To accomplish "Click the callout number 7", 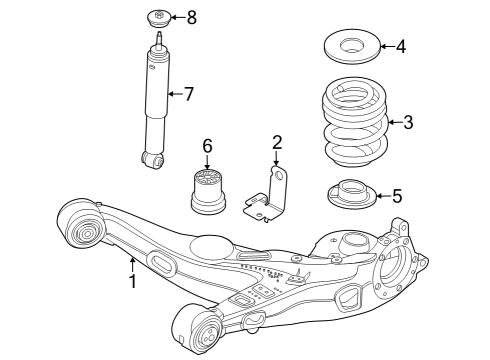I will pos(188,94).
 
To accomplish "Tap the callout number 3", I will pos(408,123).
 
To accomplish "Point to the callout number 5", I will pos(396,196).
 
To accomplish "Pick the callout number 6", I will pos(207,147).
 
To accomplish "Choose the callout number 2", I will pos(277,143).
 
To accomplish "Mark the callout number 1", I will pos(131,282).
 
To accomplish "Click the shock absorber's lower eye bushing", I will pos(152,158).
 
